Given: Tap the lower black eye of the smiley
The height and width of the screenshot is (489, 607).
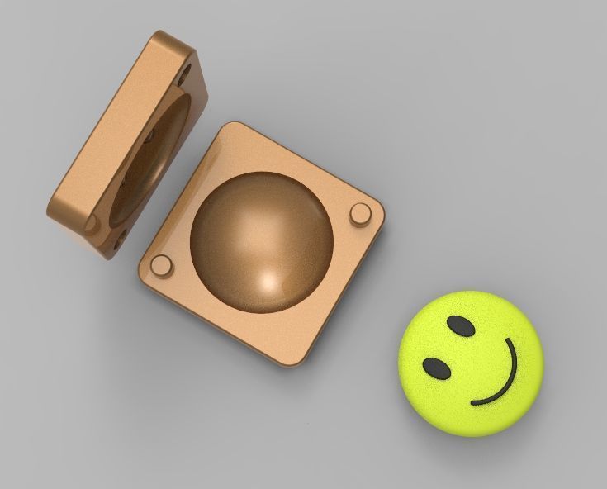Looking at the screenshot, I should click(x=437, y=368).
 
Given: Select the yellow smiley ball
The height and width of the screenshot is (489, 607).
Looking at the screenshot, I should click(x=471, y=362).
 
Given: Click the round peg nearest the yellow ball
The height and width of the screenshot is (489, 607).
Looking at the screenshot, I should click(x=360, y=213).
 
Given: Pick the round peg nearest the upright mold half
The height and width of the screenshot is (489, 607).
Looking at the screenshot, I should click(x=162, y=265).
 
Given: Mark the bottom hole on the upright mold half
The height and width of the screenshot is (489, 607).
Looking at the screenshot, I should click(x=121, y=240).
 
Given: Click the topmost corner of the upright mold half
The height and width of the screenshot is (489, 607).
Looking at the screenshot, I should click(x=165, y=33).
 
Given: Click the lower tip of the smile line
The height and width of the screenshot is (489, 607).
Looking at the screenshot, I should click(x=473, y=403).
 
